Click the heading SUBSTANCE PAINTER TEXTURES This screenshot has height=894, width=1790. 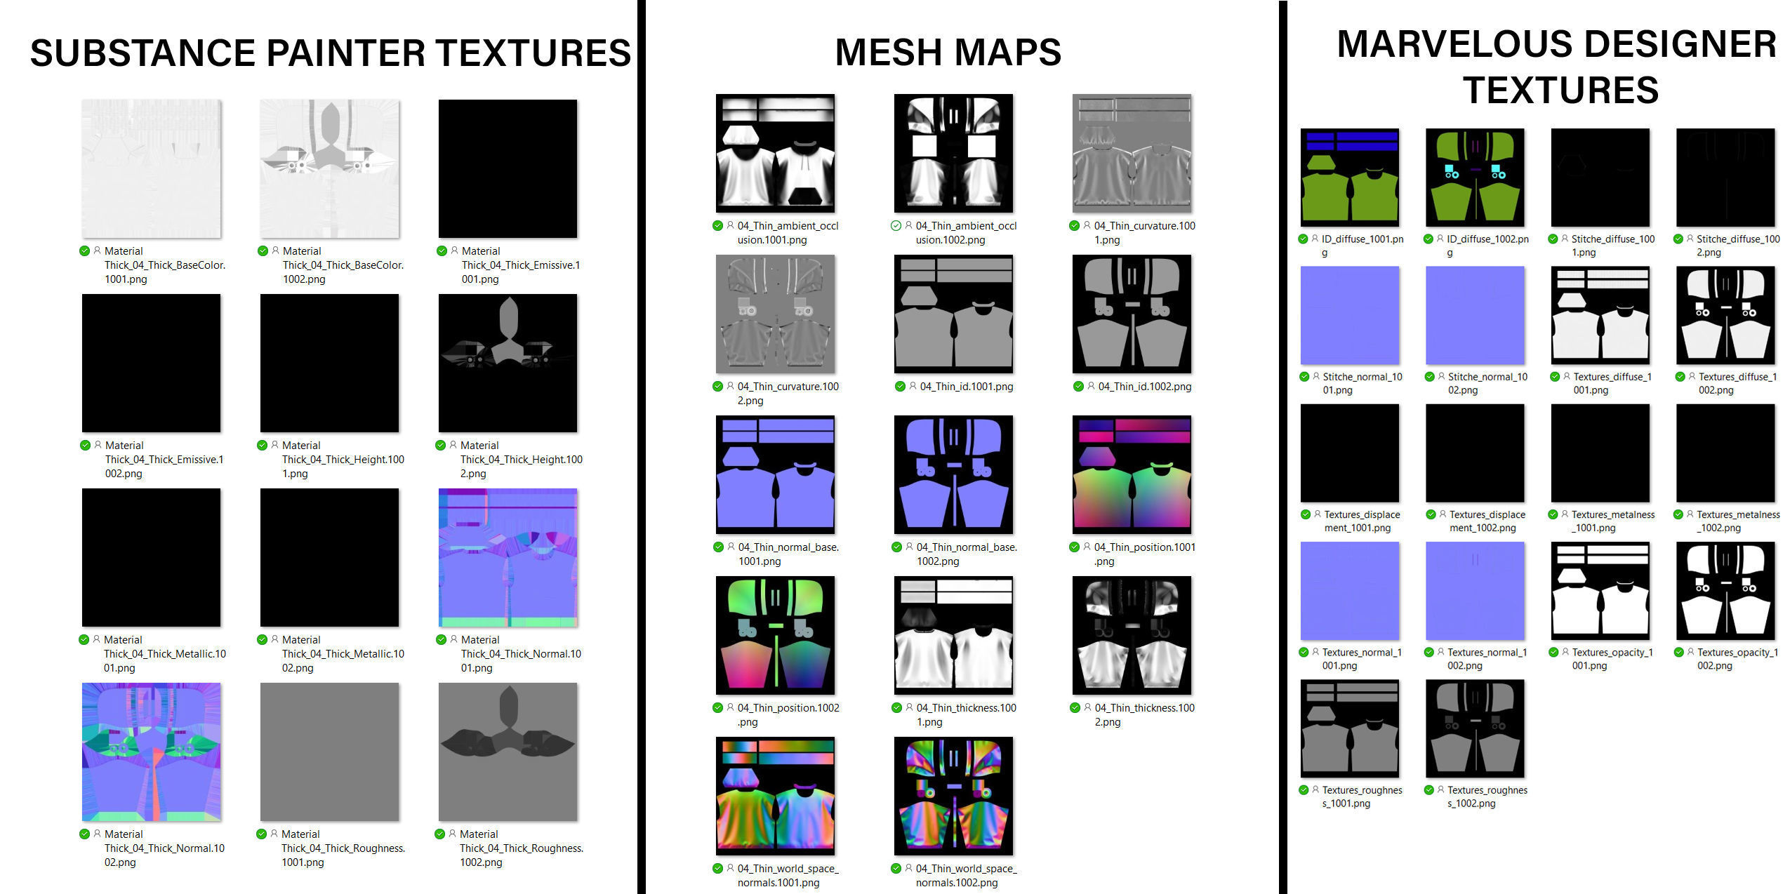(330, 53)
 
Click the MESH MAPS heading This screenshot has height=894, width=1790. (948, 53)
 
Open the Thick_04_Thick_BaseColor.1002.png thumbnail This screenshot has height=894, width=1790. (329, 168)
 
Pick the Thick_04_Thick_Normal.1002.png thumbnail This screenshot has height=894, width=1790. (151, 752)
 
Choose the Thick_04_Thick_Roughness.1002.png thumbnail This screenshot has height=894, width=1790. (508, 752)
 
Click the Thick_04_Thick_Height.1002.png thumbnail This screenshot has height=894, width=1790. (508, 363)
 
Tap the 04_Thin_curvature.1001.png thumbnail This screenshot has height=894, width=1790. (1132, 153)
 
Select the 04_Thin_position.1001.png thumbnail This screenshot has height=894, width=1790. (1132, 474)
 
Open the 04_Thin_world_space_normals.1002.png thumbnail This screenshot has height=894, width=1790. (953, 796)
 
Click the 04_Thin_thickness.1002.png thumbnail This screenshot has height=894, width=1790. (1132, 635)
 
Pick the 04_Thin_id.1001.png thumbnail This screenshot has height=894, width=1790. (953, 314)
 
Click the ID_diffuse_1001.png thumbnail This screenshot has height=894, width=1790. (1349, 178)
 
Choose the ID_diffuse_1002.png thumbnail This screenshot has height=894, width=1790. (1475, 178)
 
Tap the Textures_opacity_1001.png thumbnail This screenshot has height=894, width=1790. (1600, 591)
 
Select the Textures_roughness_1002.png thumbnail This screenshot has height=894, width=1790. (1475, 728)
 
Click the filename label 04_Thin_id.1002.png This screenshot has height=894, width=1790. (1144, 387)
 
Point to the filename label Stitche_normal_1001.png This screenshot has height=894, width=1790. (1362, 383)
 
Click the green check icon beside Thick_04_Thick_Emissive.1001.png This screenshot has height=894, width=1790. (442, 251)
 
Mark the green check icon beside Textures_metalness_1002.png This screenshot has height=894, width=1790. (1679, 514)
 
